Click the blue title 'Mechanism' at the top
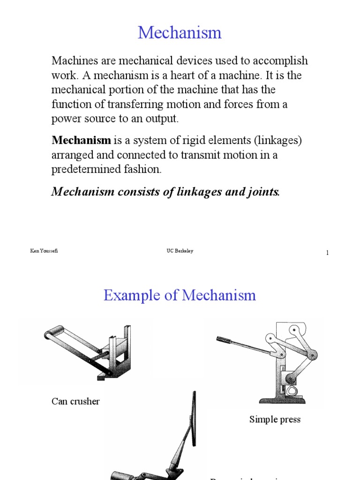click(180, 33)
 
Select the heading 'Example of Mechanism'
click(180, 295)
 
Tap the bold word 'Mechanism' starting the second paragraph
click(81, 140)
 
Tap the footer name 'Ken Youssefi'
click(44, 251)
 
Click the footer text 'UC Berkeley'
click(177, 251)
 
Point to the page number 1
click(327, 253)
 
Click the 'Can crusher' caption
click(75, 401)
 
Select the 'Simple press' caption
click(275, 420)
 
